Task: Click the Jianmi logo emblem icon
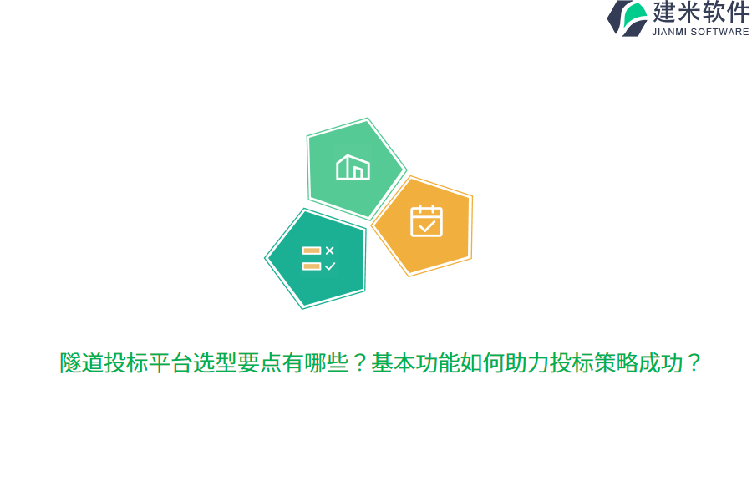pyautogui.click(x=627, y=18)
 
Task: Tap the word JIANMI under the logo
pyautogui.click(x=668, y=32)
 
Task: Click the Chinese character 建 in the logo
pyautogui.click(x=665, y=12)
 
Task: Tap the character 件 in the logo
pyautogui.click(x=738, y=12)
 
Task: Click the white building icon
pyautogui.click(x=353, y=167)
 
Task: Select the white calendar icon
pyautogui.click(x=426, y=221)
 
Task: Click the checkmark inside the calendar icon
pyautogui.click(x=426, y=225)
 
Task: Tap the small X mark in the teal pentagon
pyautogui.click(x=330, y=250)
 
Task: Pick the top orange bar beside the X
pyautogui.click(x=312, y=250)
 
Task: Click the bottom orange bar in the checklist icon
pyautogui.click(x=312, y=266)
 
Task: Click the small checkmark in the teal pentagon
pyautogui.click(x=330, y=266)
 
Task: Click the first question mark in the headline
pyautogui.click(x=359, y=363)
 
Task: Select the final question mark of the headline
pyautogui.click(x=693, y=363)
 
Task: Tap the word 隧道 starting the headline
pyautogui.click(x=81, y=363)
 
